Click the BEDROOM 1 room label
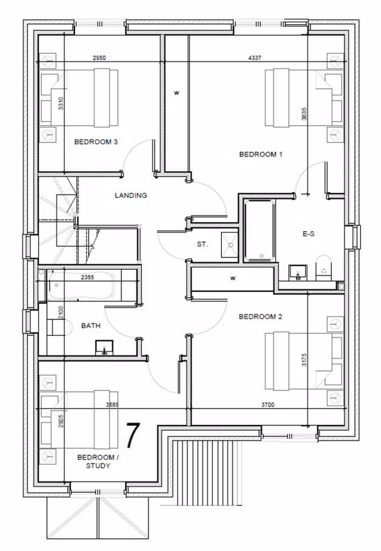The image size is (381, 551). [x=261, y=154]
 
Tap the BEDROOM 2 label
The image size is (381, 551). [x=261, y=317]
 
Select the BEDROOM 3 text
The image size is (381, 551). [x=96, y=142]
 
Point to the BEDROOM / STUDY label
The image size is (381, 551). [x=96, y=461]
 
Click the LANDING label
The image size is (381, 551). [x=131, y=195]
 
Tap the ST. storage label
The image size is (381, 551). [x=202, y=244]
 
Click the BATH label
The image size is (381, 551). [x=91, y=326]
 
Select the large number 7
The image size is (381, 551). [x=133, y=436]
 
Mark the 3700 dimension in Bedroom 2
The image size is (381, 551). [x=267, y=405]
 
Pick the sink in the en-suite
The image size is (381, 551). [x=297, y=272]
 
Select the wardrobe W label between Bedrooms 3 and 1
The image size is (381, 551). [x=176, y=93]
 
